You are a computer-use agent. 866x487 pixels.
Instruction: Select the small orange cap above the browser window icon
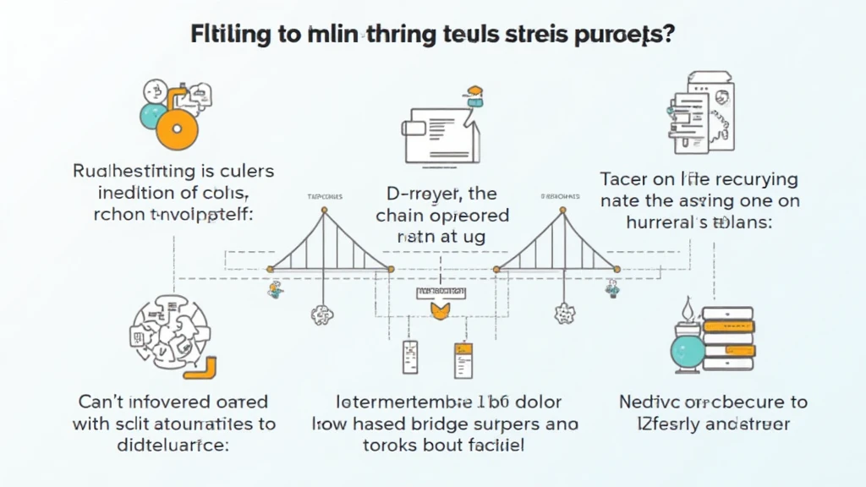coord(474,90)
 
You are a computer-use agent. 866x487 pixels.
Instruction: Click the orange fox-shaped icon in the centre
coord(441,312)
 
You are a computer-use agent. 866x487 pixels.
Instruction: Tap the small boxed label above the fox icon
coord(441,293)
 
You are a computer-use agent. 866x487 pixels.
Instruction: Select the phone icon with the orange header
coord(463,358)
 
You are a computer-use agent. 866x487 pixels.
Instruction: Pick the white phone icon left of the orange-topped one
coord(409,358)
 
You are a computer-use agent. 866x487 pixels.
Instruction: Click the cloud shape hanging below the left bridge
coord(322,315)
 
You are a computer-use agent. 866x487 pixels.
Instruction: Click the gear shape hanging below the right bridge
coord(563,315)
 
